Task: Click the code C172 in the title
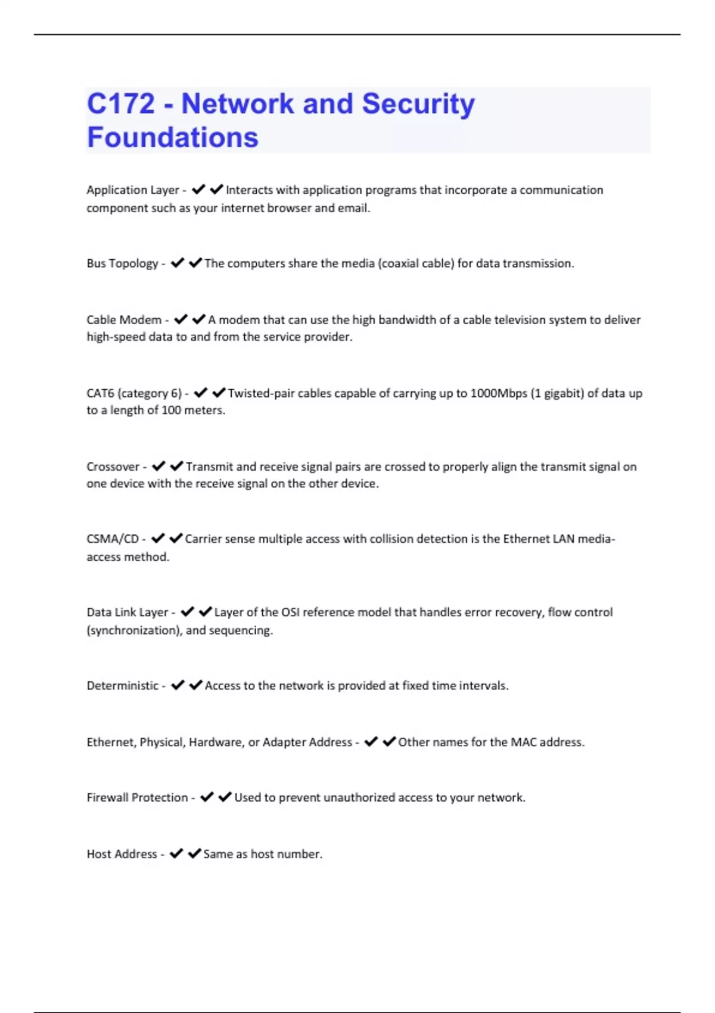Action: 121,104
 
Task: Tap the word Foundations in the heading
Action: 173,138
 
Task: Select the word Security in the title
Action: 418,104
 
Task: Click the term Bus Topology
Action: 122,263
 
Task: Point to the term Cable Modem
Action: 124,320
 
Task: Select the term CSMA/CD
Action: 113,539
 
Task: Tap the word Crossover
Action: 113,467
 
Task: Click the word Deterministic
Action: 123,686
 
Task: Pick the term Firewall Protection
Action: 137,798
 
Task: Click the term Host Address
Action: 122,854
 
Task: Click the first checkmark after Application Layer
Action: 198,189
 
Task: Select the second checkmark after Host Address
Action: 194,854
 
